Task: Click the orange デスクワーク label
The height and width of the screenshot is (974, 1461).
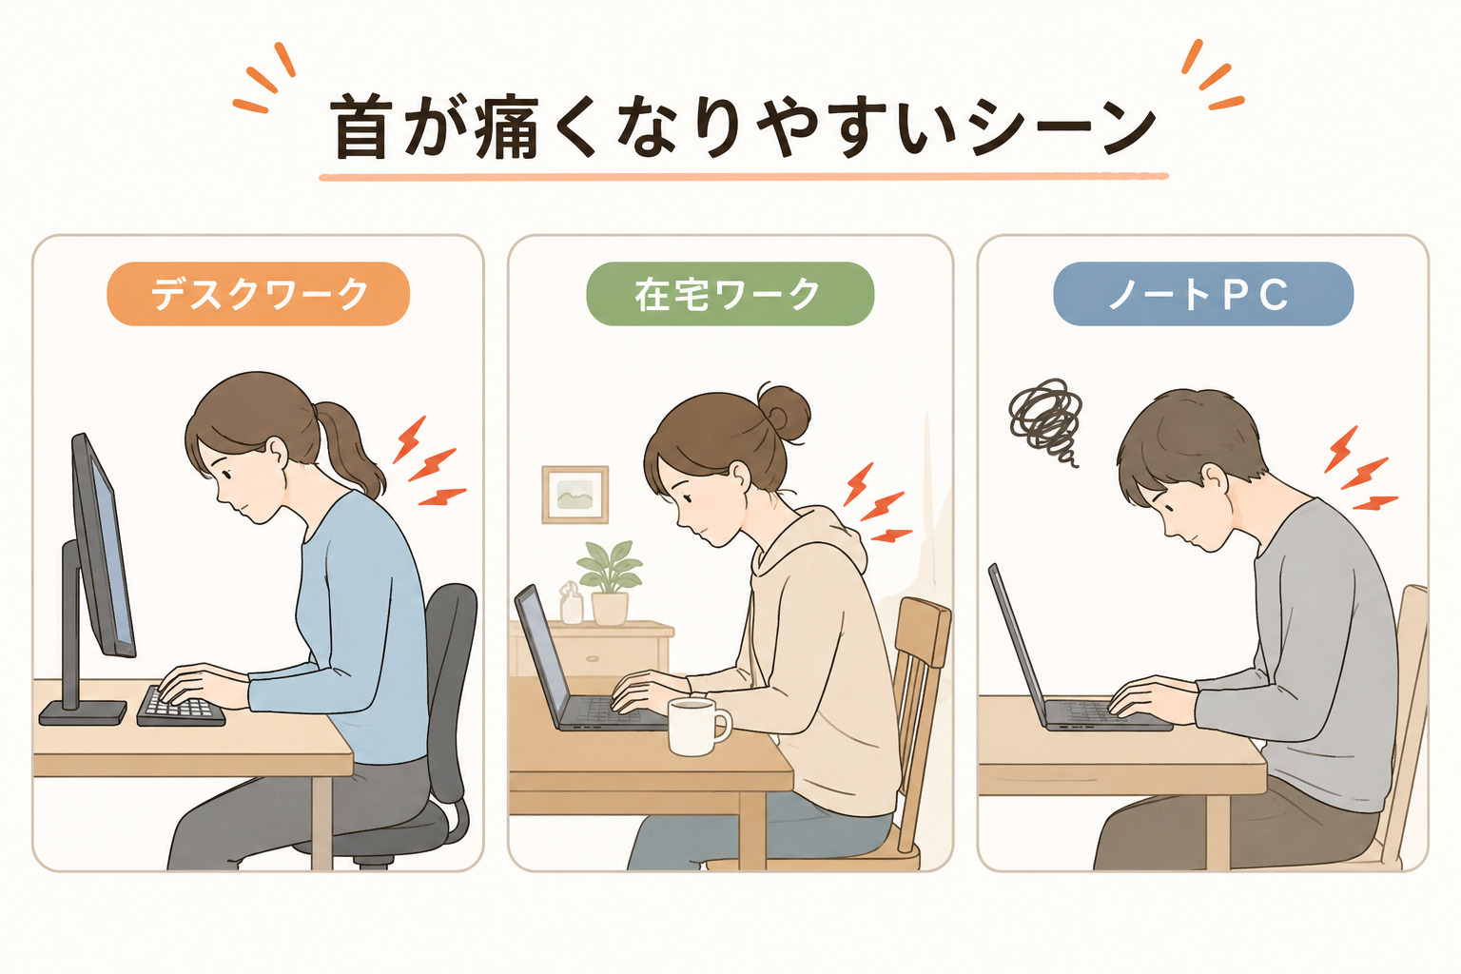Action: [x=258, y=294]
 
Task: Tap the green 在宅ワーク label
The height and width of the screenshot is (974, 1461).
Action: [x=730, y=294]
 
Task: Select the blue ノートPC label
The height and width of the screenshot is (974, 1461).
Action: [x=1202, y=294]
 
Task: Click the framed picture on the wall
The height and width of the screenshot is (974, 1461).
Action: [x=575, y=495]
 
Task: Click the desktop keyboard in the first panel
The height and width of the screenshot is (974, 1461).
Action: [x=182, y=707]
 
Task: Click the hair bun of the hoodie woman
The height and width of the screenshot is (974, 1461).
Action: [x=785, y=412]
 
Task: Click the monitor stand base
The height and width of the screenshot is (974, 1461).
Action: [x=83, y=712]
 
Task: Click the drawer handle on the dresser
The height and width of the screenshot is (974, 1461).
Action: [x=592, y=658]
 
